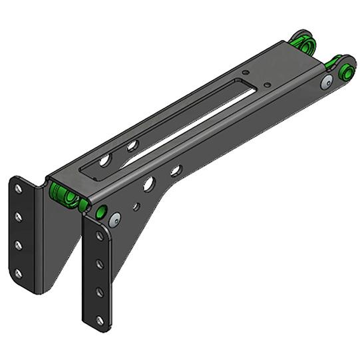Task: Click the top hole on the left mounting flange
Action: tap(19, 189)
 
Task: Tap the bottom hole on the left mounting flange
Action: tap(18, 273)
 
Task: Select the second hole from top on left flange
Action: tap(19, 217)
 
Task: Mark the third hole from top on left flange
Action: tap(18, 245)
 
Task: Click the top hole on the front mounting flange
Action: tap(100, 237)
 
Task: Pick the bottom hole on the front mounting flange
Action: tap(100, 320)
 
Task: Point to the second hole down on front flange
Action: tap(100, 265)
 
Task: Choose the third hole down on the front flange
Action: tap(100, 293)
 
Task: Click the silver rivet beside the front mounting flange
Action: tap(115, 218)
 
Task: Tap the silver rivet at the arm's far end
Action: tap(326, 82)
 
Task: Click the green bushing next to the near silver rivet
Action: tap(101, 212)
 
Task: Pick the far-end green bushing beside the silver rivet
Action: tap(346, 71)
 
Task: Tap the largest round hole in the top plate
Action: tap(105, 160)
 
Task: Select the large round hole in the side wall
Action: tap(148, 184)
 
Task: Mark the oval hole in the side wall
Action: tap(176, 171)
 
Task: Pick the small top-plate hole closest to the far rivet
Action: tap(266, 85)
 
